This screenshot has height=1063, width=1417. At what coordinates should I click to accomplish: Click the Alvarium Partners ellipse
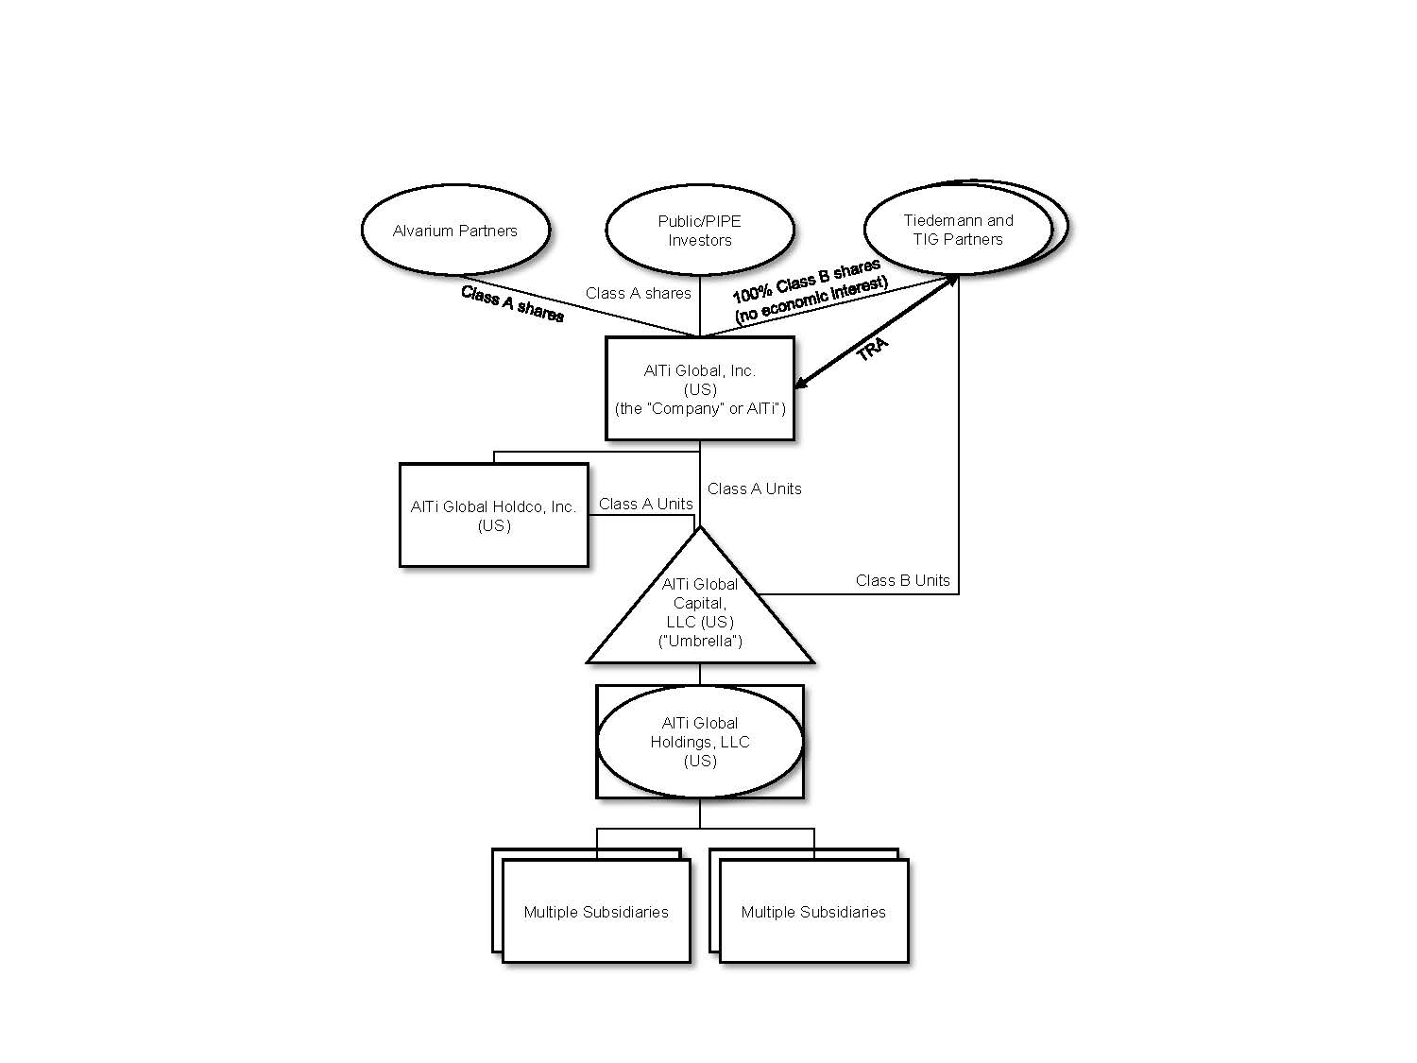click(454, 231)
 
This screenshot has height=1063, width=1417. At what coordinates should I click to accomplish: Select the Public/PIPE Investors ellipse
click(699, 231)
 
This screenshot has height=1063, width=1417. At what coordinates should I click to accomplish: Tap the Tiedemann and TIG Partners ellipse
click(958, 229)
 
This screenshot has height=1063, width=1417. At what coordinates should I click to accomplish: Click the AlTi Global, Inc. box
click(699, 388)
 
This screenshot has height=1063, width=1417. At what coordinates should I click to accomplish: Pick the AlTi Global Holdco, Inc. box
click(493, 515)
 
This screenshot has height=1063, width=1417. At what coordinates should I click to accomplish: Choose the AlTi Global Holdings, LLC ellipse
click(699, 742)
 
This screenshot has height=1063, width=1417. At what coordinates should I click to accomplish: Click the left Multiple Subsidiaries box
click(596, 911)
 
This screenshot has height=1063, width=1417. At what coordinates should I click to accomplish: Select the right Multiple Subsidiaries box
click(813, 911)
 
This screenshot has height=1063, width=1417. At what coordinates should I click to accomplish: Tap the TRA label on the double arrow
click(872, 350)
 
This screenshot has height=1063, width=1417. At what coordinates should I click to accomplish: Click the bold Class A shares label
click(512, 303)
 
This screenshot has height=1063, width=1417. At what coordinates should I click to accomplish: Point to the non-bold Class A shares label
click(638, 293)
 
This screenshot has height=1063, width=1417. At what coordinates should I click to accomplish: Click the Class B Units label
click(902, 580)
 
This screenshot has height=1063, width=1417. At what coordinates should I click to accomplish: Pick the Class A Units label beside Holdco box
click(645, 504)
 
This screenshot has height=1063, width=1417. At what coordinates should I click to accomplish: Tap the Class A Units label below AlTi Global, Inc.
click(754, 489)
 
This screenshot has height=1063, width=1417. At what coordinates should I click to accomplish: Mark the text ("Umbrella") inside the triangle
click(699, 642)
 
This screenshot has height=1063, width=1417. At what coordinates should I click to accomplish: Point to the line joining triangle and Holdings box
click(699, 674)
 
